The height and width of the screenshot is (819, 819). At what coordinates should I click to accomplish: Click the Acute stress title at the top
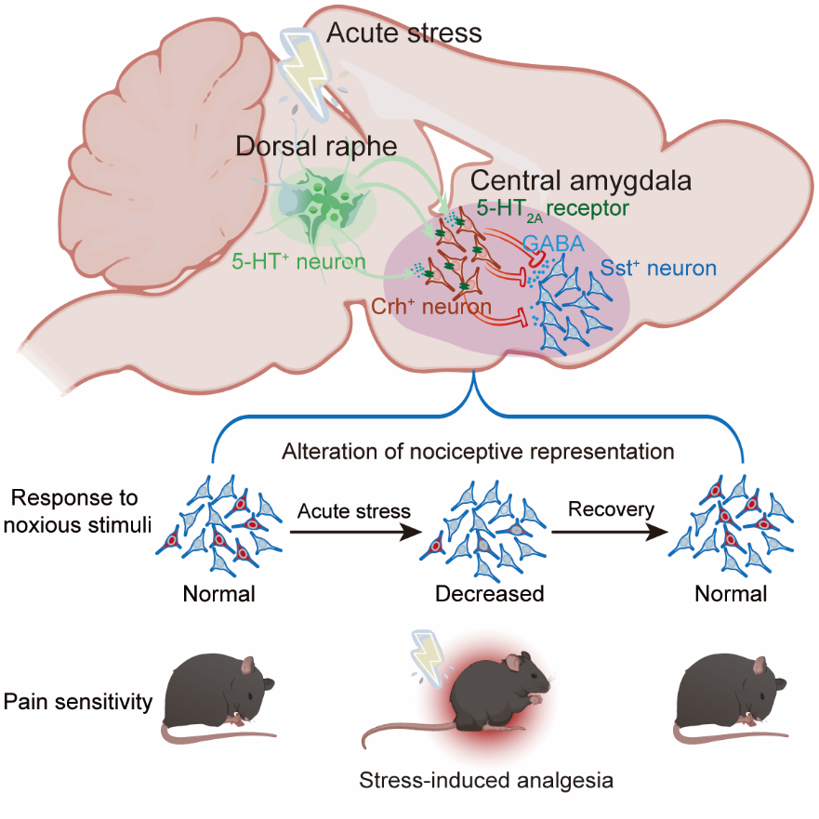[404, 34]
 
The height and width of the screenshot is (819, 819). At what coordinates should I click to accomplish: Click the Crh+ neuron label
[431, 308]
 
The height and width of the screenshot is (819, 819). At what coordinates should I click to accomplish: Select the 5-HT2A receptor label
[553, 209]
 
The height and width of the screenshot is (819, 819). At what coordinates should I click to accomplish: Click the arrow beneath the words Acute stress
[354, 533]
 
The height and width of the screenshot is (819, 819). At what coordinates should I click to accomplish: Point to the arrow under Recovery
[611, 533]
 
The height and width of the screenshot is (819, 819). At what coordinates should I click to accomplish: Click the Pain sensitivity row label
[78, 701]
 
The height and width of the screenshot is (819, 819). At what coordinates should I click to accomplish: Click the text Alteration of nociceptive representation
[479, 452]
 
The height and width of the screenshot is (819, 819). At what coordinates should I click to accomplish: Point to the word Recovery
[611, 509]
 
